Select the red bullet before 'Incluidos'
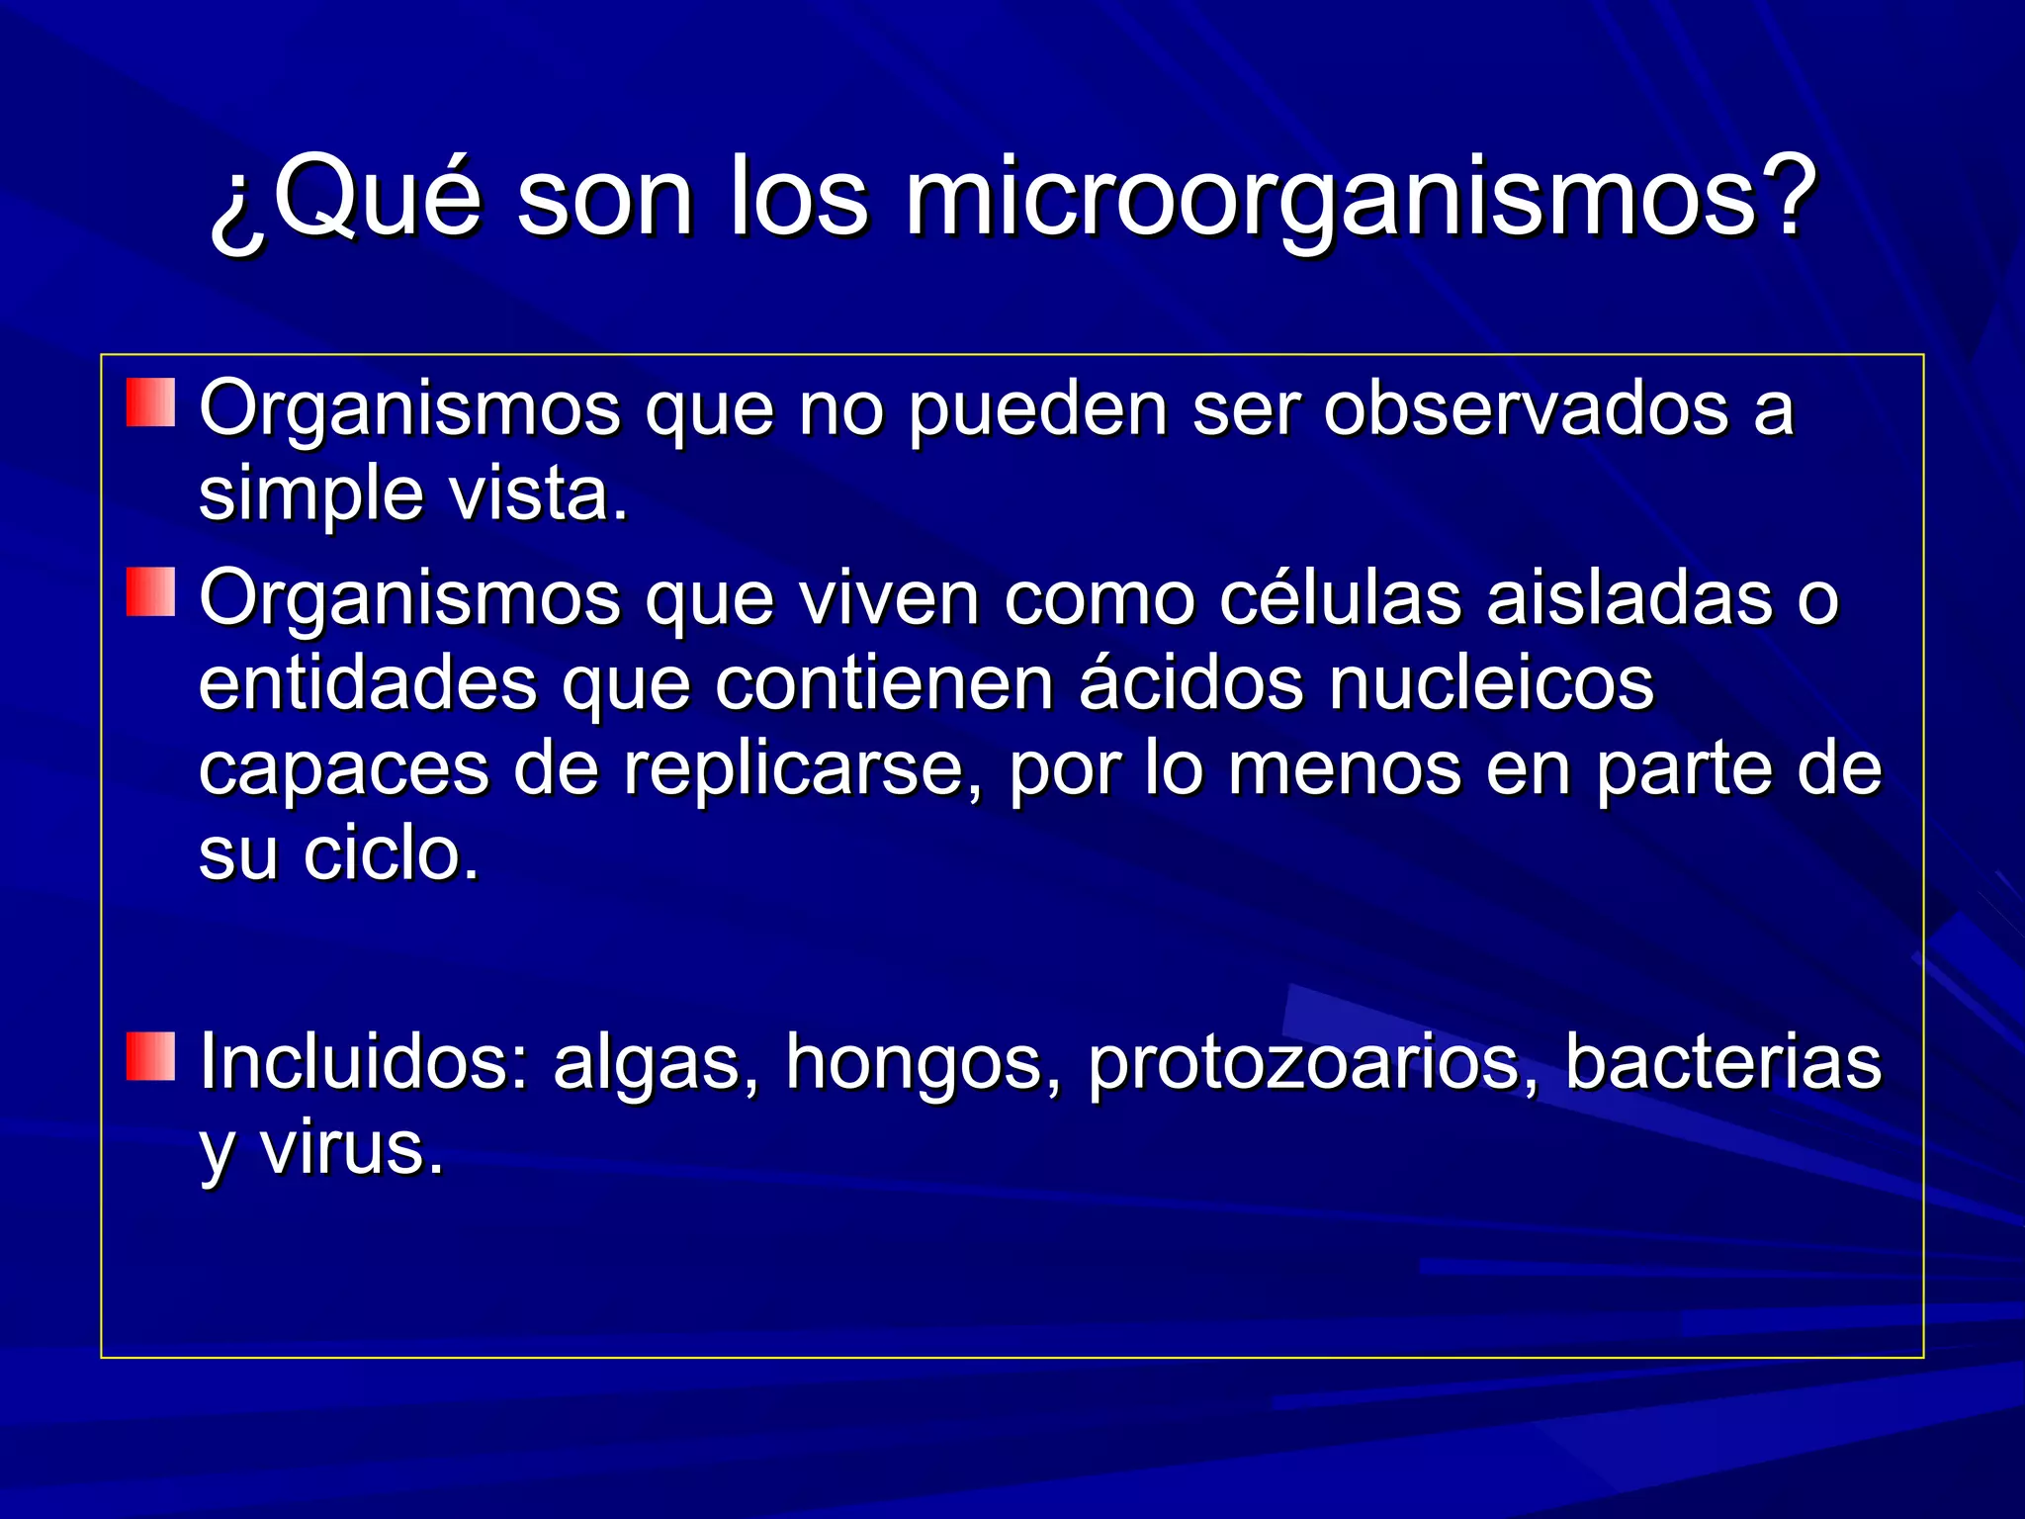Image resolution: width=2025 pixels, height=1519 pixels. coord(150,1056)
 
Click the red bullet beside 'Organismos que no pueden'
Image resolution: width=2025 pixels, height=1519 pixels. coord(150,402)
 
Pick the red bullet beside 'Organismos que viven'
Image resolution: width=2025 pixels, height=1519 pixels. coord(150,591)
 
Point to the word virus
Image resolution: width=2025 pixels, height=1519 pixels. coord(351,1147)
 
